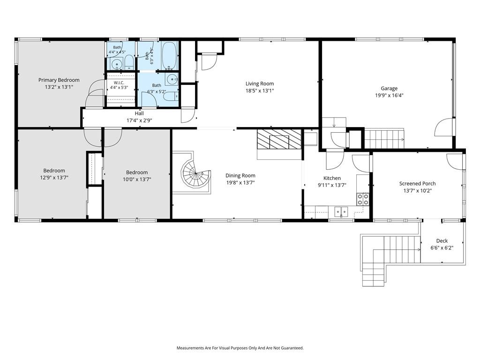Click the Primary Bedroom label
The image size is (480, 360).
coord(59,80)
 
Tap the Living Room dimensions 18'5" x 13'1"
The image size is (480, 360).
coord(260,90)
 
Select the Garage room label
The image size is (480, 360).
coord(389,89)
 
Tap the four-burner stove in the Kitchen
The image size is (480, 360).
coord(363,199)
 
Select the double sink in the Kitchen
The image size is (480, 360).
coord(341,211)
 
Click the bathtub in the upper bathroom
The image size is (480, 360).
coord(169,55)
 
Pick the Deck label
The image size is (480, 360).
coord(442,241)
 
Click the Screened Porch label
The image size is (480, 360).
coord(417,184)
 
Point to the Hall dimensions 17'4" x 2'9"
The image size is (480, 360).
coord(139,120)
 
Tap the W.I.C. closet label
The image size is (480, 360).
coord(119,82)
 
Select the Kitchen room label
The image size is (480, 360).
coord(332,178)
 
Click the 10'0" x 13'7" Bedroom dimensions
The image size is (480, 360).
coord(137,180)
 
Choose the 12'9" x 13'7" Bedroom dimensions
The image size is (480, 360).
coord(54,178)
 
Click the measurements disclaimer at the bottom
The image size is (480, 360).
coord(240,348)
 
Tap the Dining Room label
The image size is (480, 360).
coord(240,176)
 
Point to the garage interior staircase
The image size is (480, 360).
coord(384,139)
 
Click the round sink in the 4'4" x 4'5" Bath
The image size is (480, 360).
coord(116,64)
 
